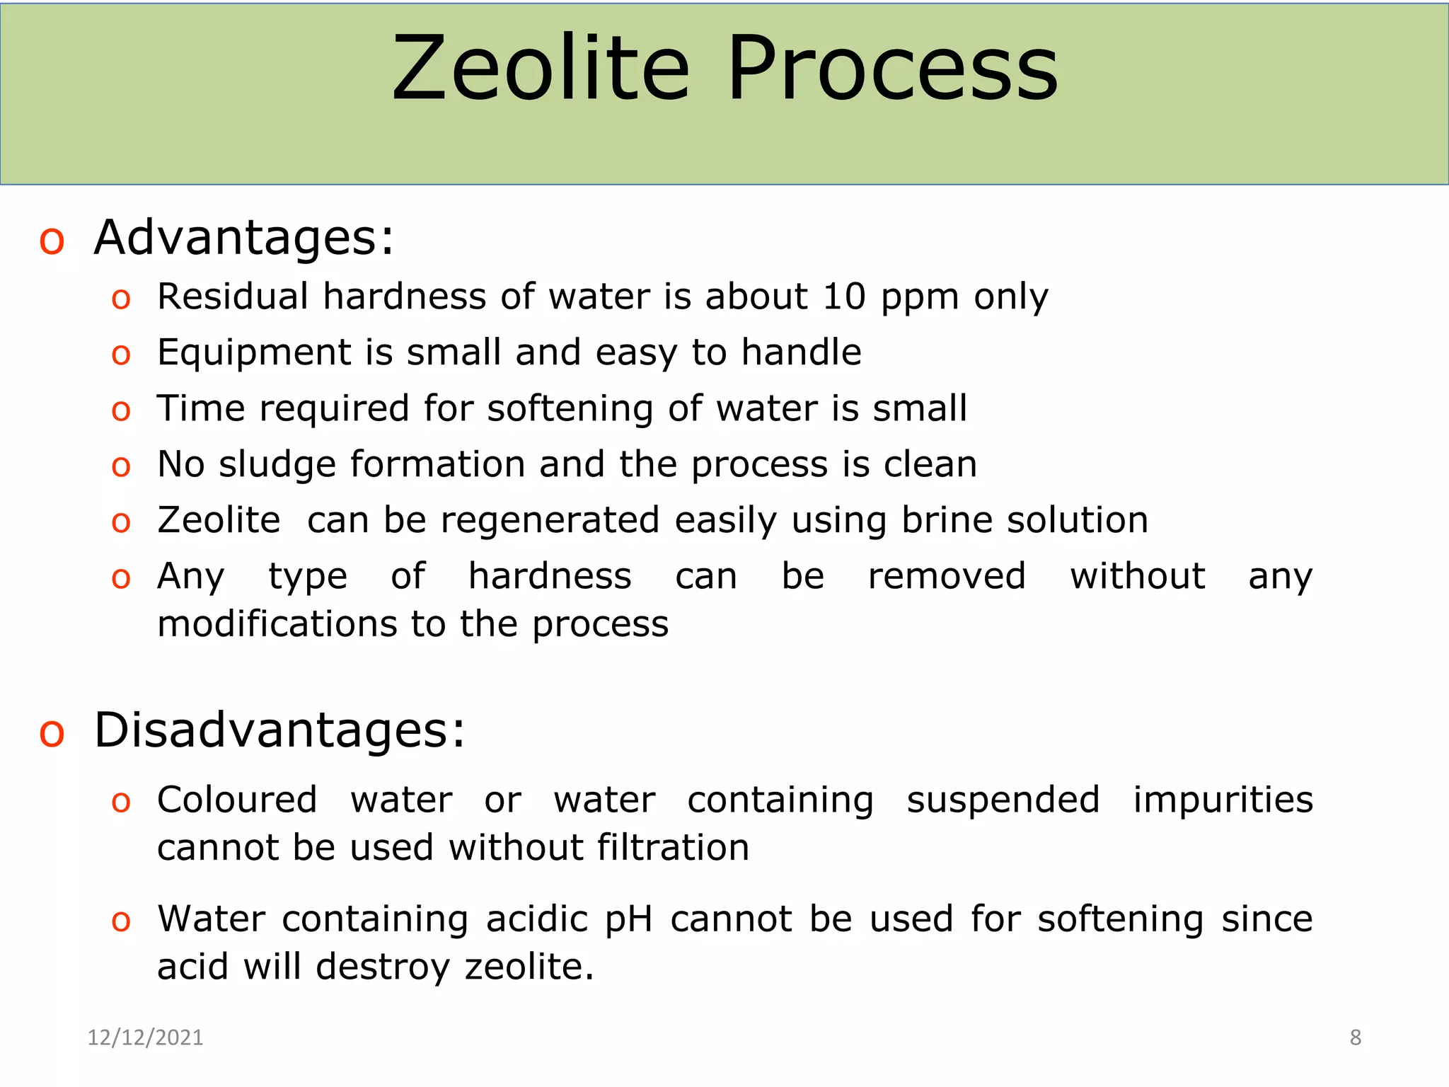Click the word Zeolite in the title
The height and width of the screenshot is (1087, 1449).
[x=541, y=69]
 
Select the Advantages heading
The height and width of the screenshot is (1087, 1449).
[x=243, y=238]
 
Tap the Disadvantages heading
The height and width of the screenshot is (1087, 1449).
[x=279, y=730]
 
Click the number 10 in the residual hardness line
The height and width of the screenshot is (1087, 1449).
[x=843, y=297]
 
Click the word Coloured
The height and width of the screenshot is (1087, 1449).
[x=237, y=800]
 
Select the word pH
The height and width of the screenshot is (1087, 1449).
[x=629, y=920]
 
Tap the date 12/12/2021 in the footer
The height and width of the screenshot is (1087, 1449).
[x=145, y=1037]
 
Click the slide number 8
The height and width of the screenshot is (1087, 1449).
[x=1355, y=1037]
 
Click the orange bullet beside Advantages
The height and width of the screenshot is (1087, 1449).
[x=52, y=241]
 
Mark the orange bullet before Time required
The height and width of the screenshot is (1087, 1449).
[x=121, y=411]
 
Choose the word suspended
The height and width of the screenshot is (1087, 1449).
[x=1003, y=800]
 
